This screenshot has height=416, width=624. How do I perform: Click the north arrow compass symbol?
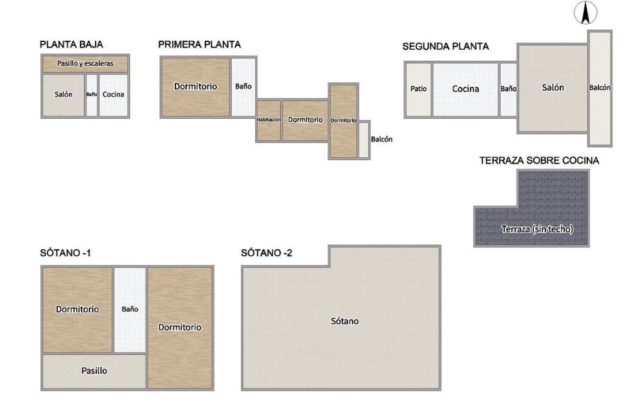point(586,12)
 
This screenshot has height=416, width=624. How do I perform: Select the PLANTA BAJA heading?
point(71,44)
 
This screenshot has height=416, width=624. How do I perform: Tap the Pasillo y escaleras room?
point(85,63)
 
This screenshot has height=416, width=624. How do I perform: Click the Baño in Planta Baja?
point(91,94)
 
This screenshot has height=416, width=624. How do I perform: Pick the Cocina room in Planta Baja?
point(113,94)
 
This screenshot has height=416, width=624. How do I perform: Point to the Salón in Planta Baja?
point(63,94)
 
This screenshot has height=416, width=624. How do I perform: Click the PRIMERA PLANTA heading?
point(199,44)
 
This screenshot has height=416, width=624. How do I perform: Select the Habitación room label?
point(269,120)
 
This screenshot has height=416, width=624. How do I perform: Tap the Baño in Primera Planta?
point(243,86)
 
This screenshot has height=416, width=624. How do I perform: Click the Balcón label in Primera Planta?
point(381,139)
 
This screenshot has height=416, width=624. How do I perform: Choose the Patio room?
point(418,89)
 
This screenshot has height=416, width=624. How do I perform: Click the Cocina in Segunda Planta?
point(466,89)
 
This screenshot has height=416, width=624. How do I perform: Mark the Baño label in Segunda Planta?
point(508,89)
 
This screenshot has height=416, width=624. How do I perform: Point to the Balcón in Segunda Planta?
point(600,88)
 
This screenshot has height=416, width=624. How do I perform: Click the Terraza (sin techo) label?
point(537,229)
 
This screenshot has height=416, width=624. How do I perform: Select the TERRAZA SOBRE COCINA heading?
point(539,161)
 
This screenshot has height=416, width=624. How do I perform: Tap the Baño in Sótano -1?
point(130,309)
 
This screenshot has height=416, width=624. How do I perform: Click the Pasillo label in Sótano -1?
point(94,371)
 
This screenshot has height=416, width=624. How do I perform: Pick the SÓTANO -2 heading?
point(267,253)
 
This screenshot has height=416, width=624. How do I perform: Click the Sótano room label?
point(345,321)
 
